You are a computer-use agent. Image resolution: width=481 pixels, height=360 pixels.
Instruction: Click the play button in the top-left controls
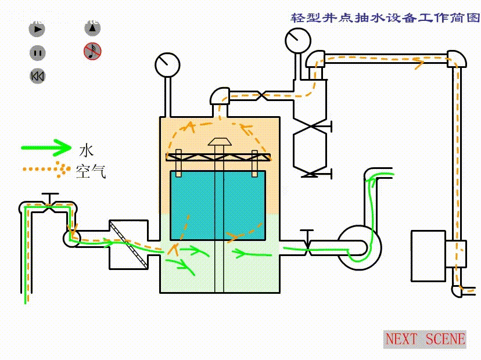pyautogui.click(x=37, y=28)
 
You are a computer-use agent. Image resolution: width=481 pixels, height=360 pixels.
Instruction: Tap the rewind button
pyautogui.click(x=37, y=76)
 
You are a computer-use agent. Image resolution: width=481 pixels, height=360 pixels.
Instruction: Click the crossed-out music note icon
pyautogui.click(x=92, y=51)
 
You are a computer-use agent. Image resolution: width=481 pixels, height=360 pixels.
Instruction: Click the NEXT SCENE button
pyautogui.click(x=425, y=339)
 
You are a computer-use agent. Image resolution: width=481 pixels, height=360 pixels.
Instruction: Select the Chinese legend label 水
pyautogui.click(x=85, y=150)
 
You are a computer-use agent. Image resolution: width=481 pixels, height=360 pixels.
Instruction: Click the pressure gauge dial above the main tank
pyautogui.click(x=167, y=64)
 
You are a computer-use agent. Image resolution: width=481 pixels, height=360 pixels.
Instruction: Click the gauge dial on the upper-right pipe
pyautogui.click(x=297, y=40)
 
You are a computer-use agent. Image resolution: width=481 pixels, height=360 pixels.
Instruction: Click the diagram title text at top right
pyautogui.click(x=385, y=18)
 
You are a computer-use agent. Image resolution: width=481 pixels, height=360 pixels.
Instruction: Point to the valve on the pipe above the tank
pyautogui.click(x=262, y=95)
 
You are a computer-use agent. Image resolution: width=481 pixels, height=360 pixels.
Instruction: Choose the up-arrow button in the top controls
pyautogui.click(x=92, y=28)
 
